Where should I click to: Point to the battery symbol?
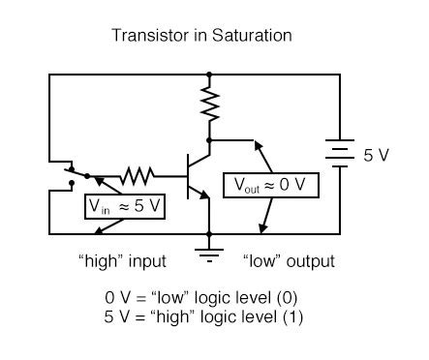click(x=339, y=154)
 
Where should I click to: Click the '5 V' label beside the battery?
click(x=377, y=154)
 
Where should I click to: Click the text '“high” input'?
click(x=122, y=261)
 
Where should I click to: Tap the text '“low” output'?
click(x=287, y=261)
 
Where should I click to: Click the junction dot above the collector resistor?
click(x=208, y=73)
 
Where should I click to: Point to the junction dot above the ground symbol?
click(x=208, y=233)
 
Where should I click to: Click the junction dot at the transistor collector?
click(x=208, y=139)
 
